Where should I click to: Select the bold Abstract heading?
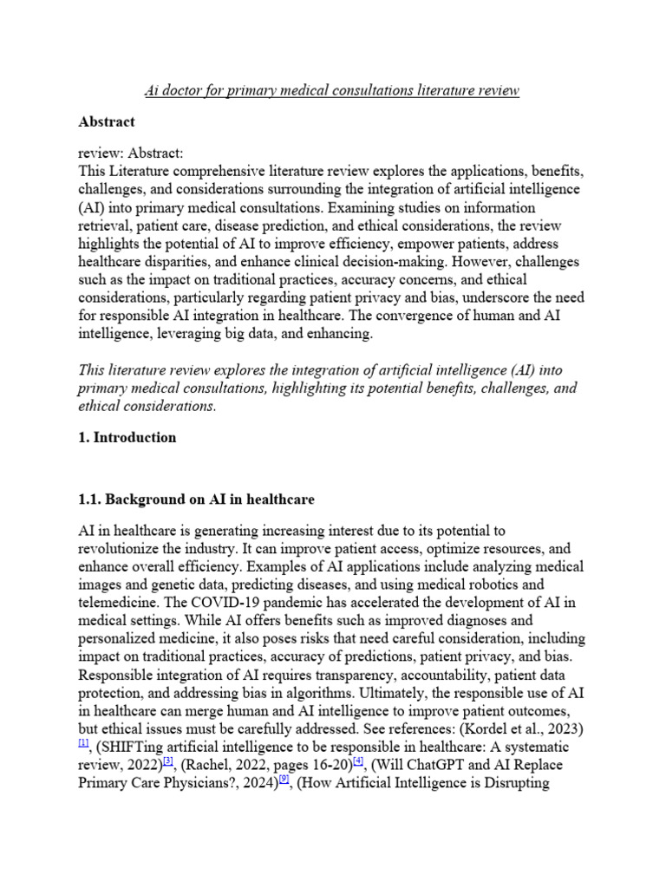pos(107,122)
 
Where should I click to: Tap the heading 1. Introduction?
pos(127,437)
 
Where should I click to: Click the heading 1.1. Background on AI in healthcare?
pos(196,499)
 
